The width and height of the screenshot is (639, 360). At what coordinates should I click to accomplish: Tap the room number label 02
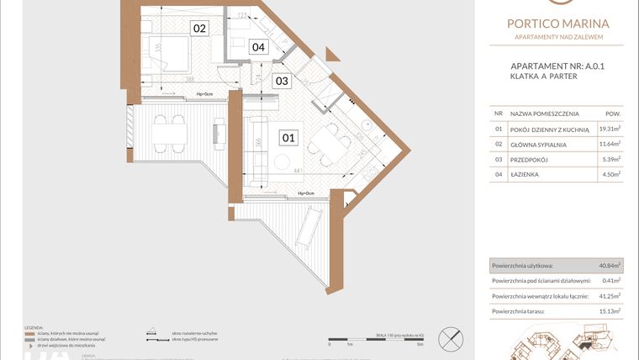[199, 29]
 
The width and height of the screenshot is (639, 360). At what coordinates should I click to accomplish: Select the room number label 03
[282, 82]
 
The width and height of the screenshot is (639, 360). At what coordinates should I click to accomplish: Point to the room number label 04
[258, 48]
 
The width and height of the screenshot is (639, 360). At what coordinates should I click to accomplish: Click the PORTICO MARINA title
[558, 24]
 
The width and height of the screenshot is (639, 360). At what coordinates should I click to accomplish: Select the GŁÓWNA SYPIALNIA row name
[537, 144]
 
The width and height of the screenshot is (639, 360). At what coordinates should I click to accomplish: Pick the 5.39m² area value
[610, 159]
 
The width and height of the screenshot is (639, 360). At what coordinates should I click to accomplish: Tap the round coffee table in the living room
[283, 159]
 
